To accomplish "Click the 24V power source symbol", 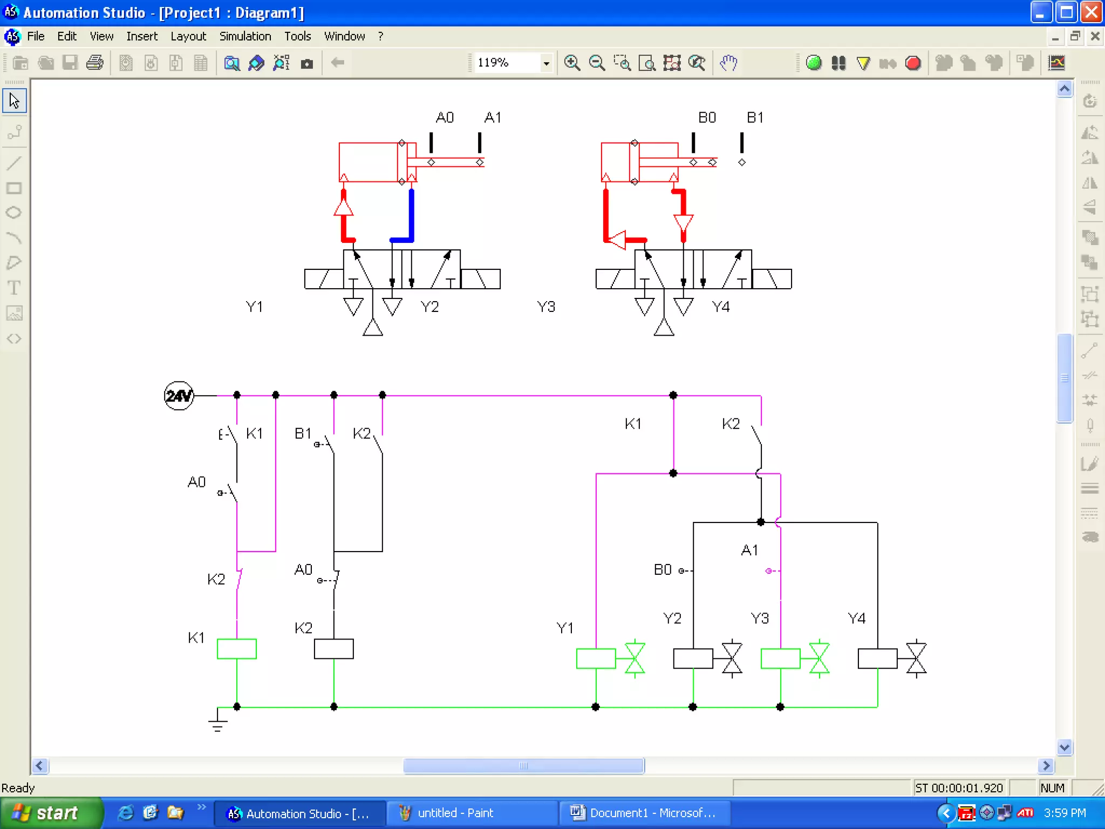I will pos(179,396).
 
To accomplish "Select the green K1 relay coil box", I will pos(236,648).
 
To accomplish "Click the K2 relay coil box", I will pos(333,648).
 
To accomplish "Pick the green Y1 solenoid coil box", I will pos(596,658).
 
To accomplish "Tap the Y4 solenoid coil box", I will pos(877,658).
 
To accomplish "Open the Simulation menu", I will pos(245,36).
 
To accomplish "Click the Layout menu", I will pos(188,36).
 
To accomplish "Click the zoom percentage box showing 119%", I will pos(507,63).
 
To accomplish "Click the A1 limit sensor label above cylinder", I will pos(493,118).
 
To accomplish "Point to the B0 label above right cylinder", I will pos(707,118).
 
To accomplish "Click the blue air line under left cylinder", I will pos(411,216).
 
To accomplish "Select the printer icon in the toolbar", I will pos(95,63).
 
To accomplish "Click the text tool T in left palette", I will pos(14,288).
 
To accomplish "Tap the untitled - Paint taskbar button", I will pos(455,813).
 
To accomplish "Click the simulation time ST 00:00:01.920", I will pos(959,788).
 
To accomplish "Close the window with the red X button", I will pos(1091,12).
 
